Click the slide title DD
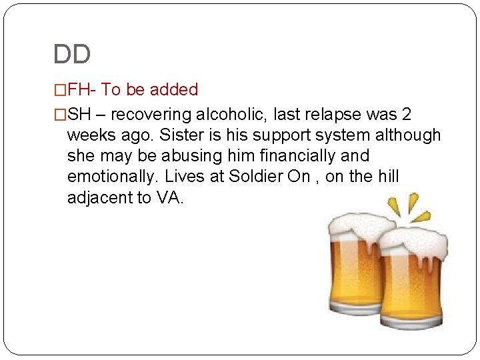tap(71, 55)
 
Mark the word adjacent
tap(99, 198)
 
